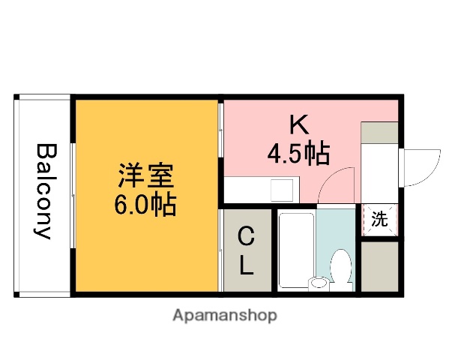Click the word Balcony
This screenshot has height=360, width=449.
point(43,191)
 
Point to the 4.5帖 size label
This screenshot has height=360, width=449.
point(298,153)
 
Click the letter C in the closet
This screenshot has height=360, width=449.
point(246,238)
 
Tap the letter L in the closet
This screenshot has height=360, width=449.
point(246,265)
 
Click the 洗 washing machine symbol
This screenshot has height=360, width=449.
point(380,220)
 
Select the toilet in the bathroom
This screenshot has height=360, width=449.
point(343,268)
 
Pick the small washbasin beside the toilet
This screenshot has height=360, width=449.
point(319,283)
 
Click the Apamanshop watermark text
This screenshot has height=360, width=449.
point(224,316)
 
